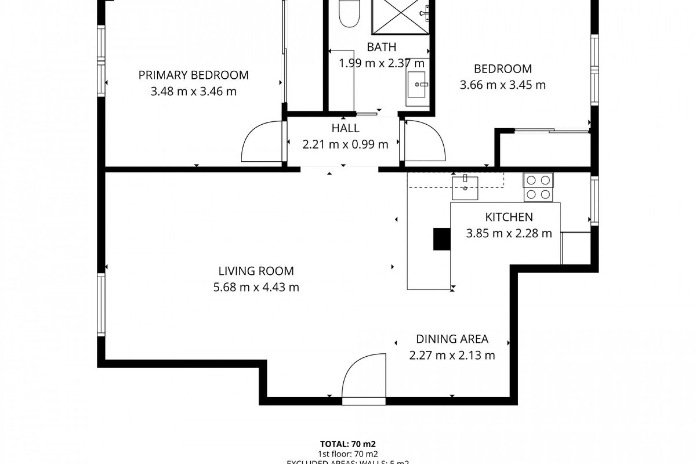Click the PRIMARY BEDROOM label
coord(194,75)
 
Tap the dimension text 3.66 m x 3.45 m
coord(502,85)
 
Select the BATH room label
coord(381,47)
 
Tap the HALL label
coord(345,128)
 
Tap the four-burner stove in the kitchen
coord(538,187)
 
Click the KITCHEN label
coord(509,217)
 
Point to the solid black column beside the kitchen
coord(442,239)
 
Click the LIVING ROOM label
coord(256,271)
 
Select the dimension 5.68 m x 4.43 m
coord(256,287)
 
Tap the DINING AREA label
coord(452,339)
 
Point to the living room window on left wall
coord(101,304)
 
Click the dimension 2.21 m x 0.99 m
coord(345,145)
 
